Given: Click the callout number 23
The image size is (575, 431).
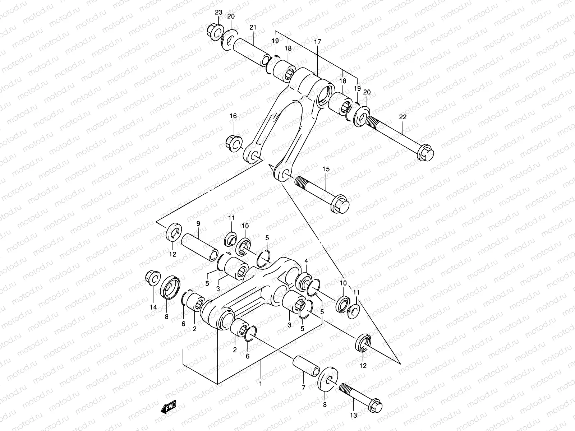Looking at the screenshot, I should [x=218, y=13].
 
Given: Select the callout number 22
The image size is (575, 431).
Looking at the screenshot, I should [x=402, y=117].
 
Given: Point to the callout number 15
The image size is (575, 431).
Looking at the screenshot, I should [x=326, y=169].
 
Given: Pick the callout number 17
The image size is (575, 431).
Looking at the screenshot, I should [x=317, y=42].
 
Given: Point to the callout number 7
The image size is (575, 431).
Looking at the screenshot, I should [x=303, y=388].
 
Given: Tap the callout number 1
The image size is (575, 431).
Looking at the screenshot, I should [x=261, y=383].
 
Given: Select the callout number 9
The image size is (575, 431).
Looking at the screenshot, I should [x=198, y=223].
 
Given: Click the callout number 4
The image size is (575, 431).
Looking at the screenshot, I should [x=306, y=260].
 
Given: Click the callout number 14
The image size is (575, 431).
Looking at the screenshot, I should [x=153, y=307].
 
